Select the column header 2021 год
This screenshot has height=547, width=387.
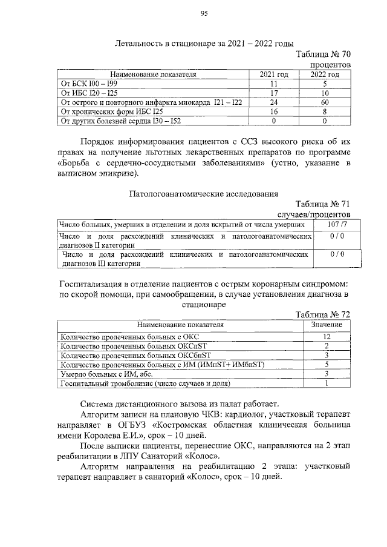(274, 74)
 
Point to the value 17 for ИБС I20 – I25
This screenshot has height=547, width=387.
(274, 93)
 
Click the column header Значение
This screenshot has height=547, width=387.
(327, 325)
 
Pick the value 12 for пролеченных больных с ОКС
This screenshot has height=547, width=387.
(327, 336)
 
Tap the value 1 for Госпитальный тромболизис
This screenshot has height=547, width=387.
(327, 383)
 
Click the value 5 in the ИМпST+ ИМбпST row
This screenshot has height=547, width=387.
(327, 365)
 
